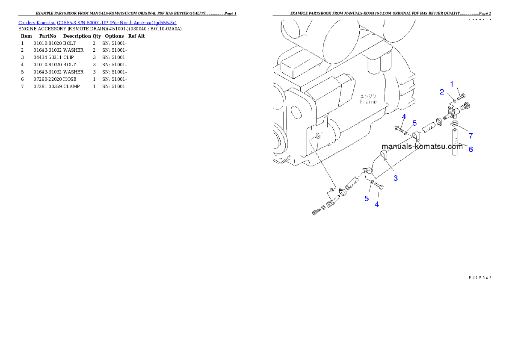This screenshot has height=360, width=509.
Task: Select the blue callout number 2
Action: [442, 92]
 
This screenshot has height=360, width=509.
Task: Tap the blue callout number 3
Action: [396, 178]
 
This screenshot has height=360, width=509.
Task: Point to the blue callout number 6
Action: [471, 150]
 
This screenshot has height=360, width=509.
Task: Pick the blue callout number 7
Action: [471, 136]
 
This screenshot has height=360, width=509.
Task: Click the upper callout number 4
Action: [404, 117]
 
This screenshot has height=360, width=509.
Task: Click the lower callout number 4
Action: [377, 204]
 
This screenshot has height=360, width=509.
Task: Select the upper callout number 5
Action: [414, 123]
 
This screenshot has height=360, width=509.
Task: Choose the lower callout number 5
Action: [367, 198]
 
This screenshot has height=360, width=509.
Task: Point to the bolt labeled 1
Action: [461, 97]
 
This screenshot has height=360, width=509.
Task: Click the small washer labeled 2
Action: [454, 100]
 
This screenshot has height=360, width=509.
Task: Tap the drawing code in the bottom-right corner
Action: [479, 277]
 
